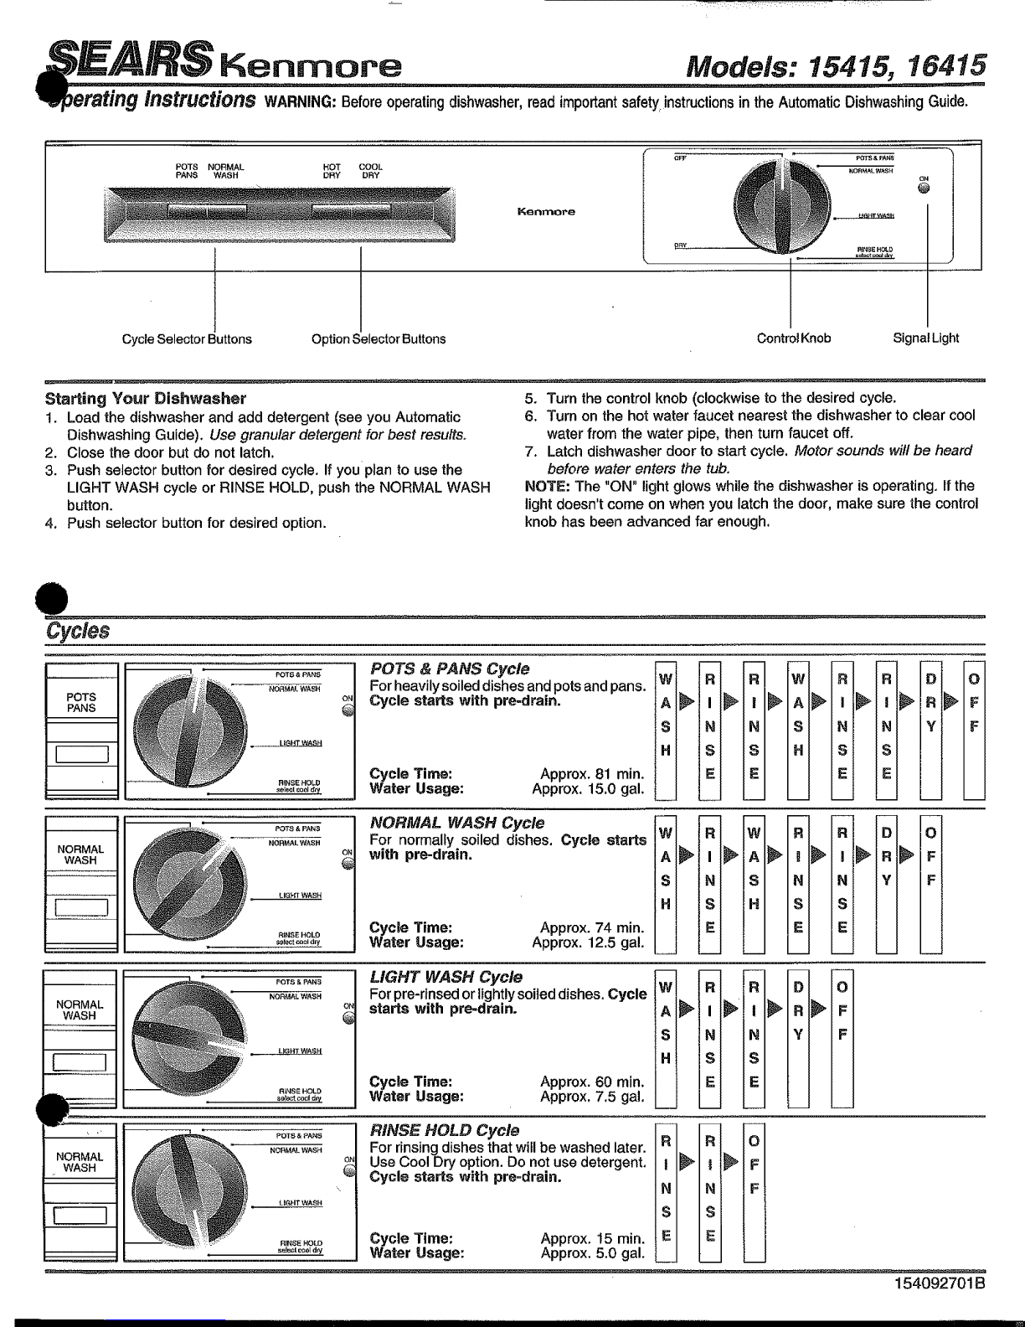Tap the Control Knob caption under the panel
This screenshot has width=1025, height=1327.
[x=794, y=338]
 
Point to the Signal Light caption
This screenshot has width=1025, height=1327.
[x=925, y=338]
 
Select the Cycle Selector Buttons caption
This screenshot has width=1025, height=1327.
[x=187, y=339]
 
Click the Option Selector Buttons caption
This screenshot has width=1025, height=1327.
[x=379, y=339]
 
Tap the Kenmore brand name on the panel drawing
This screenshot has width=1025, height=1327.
[x=546, y=212]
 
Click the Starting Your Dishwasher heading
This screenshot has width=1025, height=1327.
[x=146, y=398]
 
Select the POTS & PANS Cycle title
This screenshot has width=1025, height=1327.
[x=450, y=669]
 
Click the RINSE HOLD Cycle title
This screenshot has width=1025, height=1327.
[x=445, y=1131]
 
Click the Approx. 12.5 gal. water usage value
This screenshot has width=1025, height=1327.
[x=588, y=942]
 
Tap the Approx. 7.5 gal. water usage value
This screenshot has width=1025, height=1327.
[x=592, y=1097]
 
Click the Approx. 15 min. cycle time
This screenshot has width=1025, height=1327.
[x=592, y=1238]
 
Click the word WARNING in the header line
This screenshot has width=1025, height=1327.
[x=300, y=103]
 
